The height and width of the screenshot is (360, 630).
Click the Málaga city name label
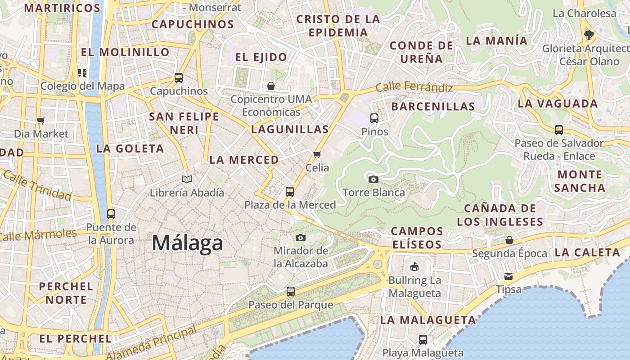point(187,243)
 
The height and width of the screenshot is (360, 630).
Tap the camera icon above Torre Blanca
point(373,179)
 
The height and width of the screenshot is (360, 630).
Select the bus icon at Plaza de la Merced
point(290,192)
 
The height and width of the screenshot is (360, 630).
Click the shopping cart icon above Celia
point(317,155)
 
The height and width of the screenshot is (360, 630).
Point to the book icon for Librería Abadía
point(187,179)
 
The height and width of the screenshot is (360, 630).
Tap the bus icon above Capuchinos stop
point(179,78)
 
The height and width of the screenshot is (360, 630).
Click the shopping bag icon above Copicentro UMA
point(271,86)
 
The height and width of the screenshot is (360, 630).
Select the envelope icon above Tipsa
point(508,276)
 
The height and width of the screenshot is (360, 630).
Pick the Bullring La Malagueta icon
point(414,267)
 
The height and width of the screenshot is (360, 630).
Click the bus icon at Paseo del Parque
point(291,292)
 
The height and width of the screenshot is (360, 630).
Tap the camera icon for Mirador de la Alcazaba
point(301,238)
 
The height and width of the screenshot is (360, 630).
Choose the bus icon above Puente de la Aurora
point(111,214)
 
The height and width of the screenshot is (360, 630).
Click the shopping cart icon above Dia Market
point(41,121)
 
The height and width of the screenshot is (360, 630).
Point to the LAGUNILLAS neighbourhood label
point(290,130)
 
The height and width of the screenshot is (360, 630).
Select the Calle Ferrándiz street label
point(414,87)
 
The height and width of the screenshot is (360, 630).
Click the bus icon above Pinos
point(374,118)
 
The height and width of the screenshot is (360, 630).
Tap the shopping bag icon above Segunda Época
point(509,240)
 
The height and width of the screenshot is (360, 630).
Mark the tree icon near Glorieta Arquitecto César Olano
point(589,35)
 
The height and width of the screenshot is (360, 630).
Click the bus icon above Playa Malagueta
point(423,340)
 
